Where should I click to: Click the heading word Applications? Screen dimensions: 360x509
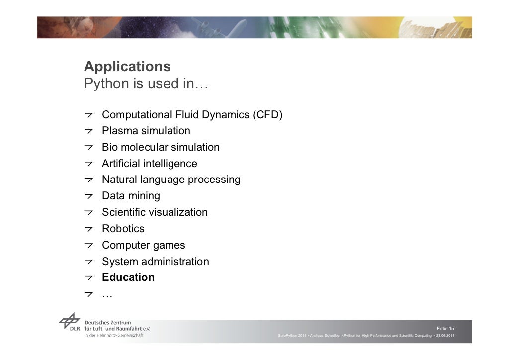[127, 67]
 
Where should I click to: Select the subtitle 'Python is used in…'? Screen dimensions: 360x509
[146, 84]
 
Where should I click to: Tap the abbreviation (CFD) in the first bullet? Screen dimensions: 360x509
[267, 115]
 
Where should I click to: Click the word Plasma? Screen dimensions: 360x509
[119, 131]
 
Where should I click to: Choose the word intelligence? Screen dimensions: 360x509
[170, 164]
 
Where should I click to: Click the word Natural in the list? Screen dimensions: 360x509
[119, 180]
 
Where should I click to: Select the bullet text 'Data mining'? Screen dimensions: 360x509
[131, 196]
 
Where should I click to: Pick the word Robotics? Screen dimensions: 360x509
[123, 229]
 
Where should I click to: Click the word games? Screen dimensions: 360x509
[169, 245]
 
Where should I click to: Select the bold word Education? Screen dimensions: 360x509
[128, 277]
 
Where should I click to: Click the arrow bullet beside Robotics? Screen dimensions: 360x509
[88, 229]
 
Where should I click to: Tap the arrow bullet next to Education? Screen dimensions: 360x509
[88, 278]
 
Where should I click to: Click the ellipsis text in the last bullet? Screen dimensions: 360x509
[107, 295]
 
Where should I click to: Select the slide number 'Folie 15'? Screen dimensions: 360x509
[445, 329]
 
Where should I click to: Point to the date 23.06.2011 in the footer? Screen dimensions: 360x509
[445, 336]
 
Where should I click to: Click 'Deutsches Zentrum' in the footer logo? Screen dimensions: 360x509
[108, 322]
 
